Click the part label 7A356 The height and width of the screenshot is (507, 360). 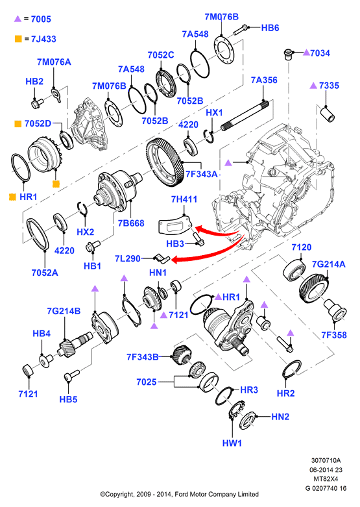pyautogui.click(x=264, y=80)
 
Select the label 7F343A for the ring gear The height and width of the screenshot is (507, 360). pyautogui.click(x=201, y=174)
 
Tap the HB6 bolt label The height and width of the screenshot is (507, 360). pyautogui.click(x=270, y=28)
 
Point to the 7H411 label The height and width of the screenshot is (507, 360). pyautogui.click(x=184, y=199)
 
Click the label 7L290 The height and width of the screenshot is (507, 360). pyautogui.click(x=128, y=258)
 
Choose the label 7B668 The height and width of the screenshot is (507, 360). pyautogui.click(x=131, y=223)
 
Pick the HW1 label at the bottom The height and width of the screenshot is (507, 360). pyautogui.click(x=232, y=443)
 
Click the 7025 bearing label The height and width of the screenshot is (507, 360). pyautogui.click(x=147, y=382)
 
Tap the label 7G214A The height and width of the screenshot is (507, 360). pyautogui.click(x=328, y=264)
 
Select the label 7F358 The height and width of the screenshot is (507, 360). pyautogui.click(x=334, y=335)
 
